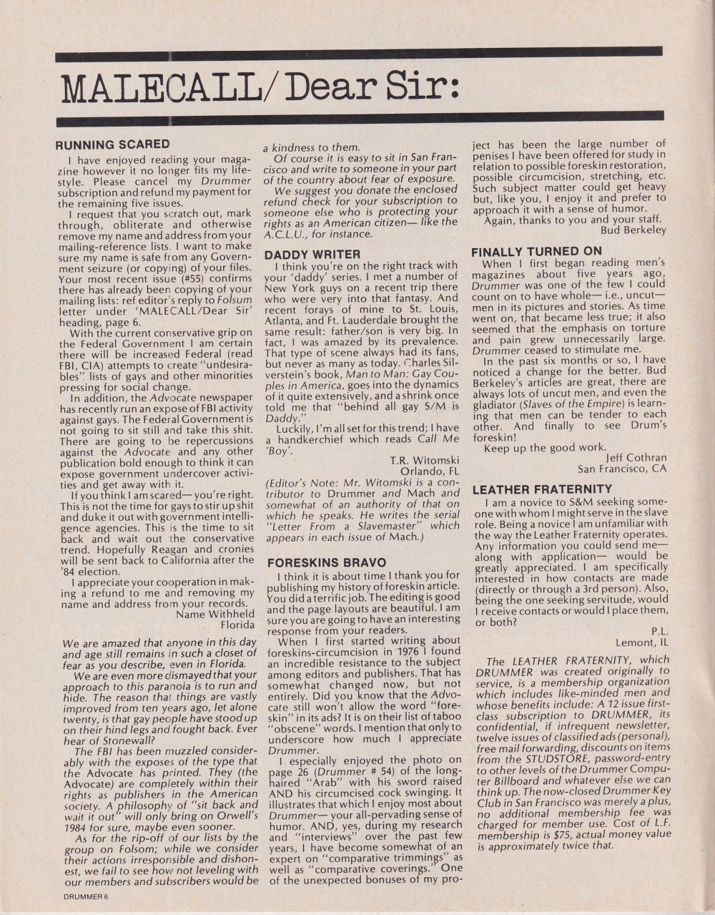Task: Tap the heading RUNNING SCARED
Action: pos(112,145)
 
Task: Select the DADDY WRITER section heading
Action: pos(312,254)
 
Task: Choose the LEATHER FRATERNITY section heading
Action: pos(542,489)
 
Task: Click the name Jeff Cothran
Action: pos(636,458)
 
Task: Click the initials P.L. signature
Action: pos(659,631)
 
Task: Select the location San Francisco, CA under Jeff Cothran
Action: pos(622,469)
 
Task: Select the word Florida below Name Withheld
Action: pos(237,625)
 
